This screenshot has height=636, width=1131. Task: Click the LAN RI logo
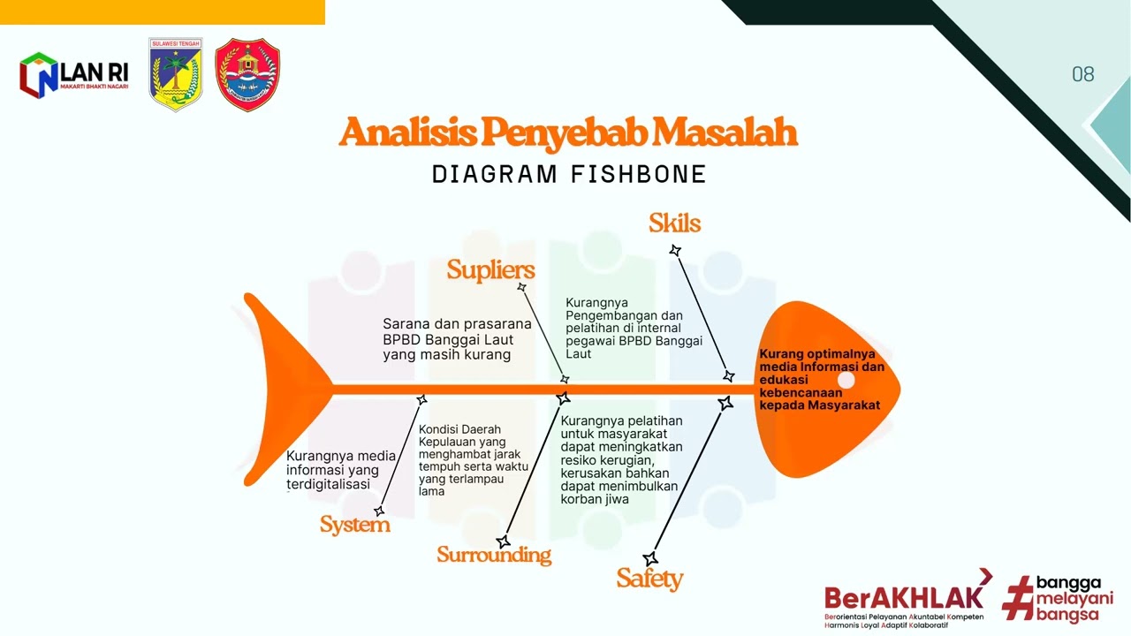pyautogui.click(x=74, y=75)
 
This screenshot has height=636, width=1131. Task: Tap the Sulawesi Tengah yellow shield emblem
pyautogui.click(x=176, y=74)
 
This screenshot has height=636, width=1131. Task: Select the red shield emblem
pyautogui.click(x=247, y=74)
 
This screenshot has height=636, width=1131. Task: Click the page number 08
pyautogui.click(x=1083, y=74)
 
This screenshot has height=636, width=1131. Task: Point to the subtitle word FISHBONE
pyautogui.click(x=639, y=174)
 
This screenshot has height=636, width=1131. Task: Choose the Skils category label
pyautogui.click(x=674, y=223)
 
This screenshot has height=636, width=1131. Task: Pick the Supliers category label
pyautogui.click(x=490, y=269)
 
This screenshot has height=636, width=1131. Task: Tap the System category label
pyautogui.click(x=354, y=525)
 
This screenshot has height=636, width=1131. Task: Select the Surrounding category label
pyautogui.click(x=493, y=555)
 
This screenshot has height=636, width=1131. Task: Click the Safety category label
pyautogui.click(x=649, y=579)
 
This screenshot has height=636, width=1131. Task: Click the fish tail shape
pyautogui.click(x=283, y=389)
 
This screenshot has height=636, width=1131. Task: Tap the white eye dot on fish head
pyautogui.click(x=846, y=381)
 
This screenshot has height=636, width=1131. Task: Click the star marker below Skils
pyautogui.click(x=675, y=251)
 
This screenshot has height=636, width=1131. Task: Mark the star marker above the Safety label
pyautogui.click(x=650, y=559)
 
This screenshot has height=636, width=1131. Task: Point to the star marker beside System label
pyautogui.click(x=379, y=511)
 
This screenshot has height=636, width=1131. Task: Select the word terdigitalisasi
pyautogui.click(x=328, y=484)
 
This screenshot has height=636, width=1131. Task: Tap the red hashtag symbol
pyautogui.click(x=1018, y=598)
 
